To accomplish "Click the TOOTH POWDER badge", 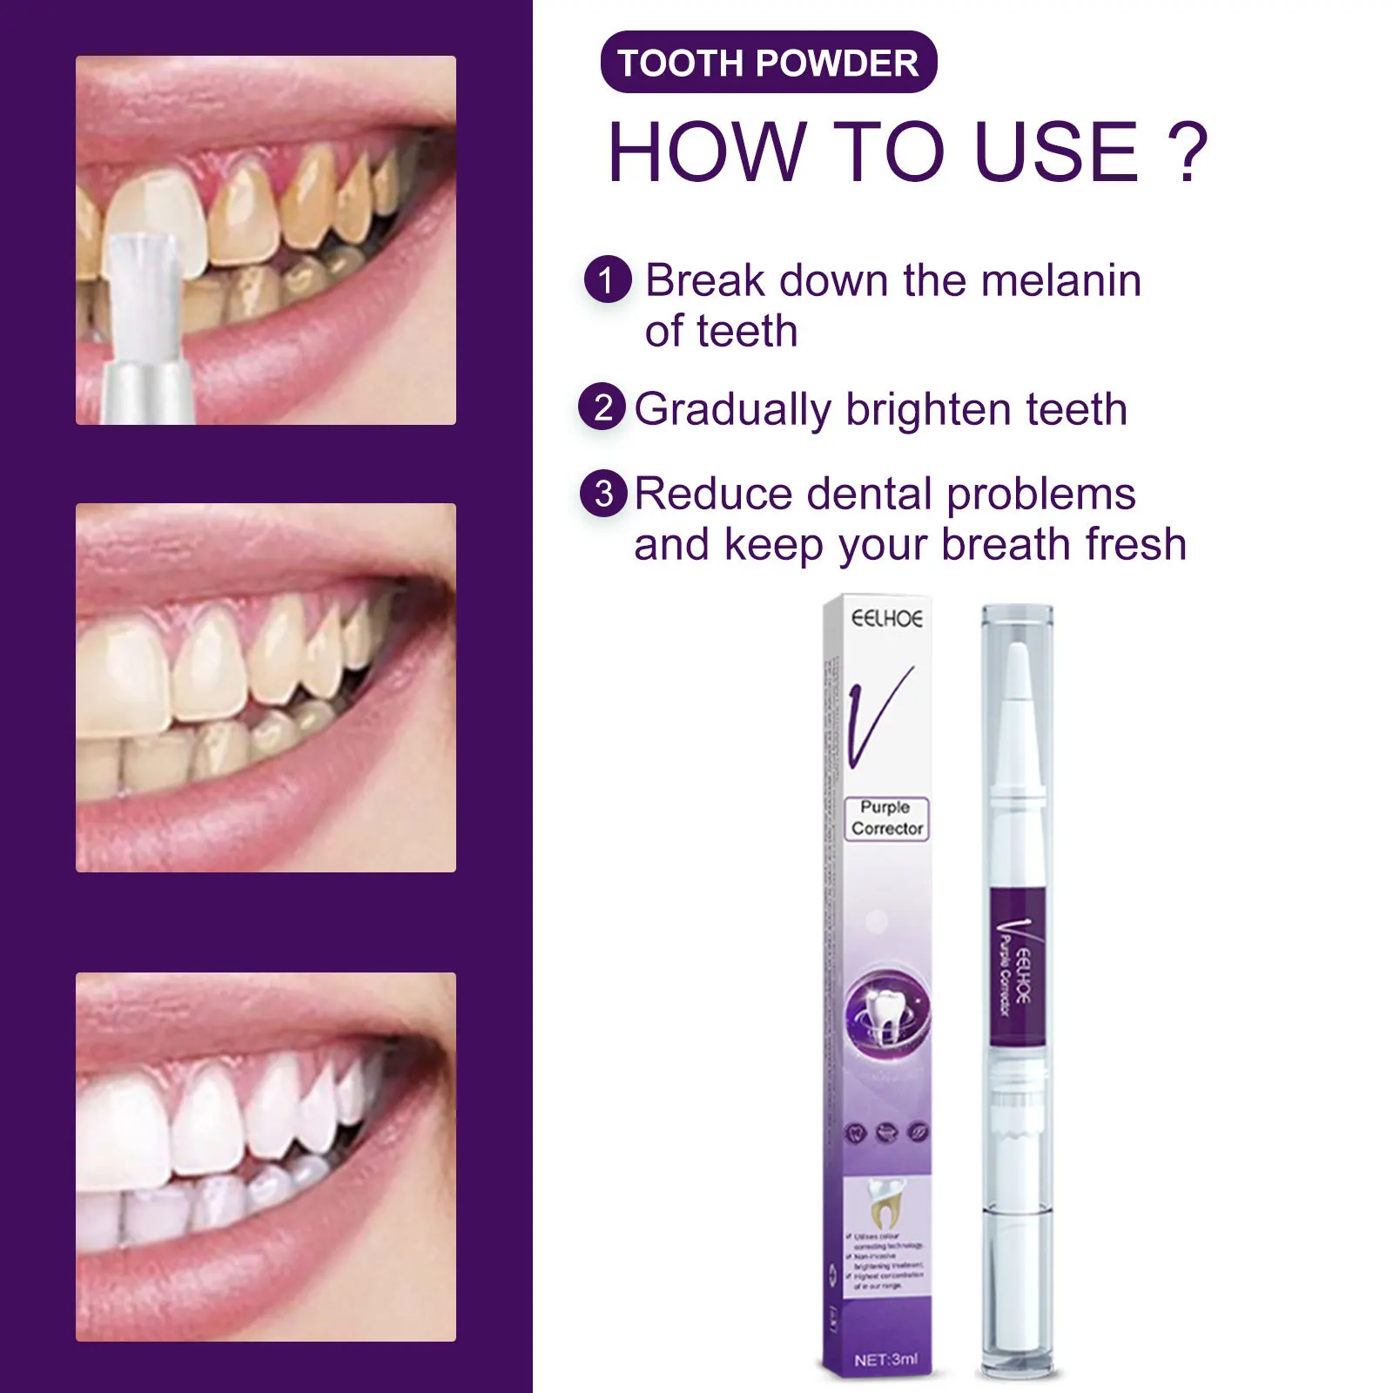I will (x=768, y=63).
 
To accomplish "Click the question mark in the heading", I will (x=1188, y=153).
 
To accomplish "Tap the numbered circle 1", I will (x=607, y=279).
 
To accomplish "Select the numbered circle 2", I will (x=602, y=407).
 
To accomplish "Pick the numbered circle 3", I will (x=603, y=494).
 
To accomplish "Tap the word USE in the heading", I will (x=1055, y=153).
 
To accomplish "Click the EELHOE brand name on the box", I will (x=886, y=619).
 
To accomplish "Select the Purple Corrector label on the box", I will (x=886, y=818).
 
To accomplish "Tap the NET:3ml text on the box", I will (x=885, y=1359).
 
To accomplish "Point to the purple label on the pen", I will (x=1016, y=966).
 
